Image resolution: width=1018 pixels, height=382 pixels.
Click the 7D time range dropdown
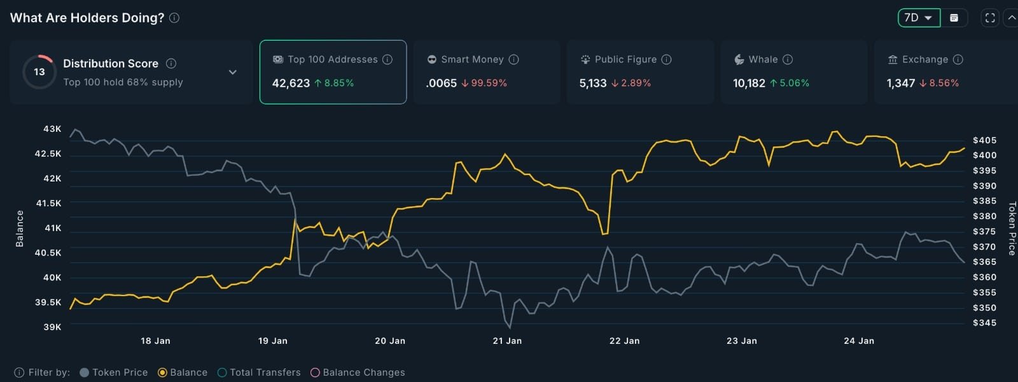pos(918,18)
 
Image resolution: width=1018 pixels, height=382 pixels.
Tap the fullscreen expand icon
pos(990,18)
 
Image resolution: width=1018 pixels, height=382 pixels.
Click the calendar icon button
pos(954,18)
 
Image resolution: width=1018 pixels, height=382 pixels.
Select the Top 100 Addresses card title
pos(332,59)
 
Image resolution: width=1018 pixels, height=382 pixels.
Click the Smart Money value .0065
pos(441,83)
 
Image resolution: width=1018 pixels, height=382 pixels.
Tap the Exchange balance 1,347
pos(900,83)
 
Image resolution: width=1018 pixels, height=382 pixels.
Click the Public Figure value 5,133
pos(592,83)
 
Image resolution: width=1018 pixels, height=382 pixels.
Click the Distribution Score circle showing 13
pos(39,72)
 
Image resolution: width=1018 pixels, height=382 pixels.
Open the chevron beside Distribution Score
pos(233,72)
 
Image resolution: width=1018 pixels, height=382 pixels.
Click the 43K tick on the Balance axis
pos(52,129)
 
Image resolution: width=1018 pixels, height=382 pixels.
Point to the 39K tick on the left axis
pos(52,327)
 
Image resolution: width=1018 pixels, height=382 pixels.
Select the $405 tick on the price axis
pos(984,140)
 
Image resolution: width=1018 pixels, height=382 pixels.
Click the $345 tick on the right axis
pos(984,323)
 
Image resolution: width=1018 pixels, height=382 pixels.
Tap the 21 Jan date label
pos(507,341)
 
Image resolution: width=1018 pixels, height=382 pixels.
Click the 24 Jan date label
pos(859,341)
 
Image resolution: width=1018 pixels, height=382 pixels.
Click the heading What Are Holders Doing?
pos(87,18)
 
